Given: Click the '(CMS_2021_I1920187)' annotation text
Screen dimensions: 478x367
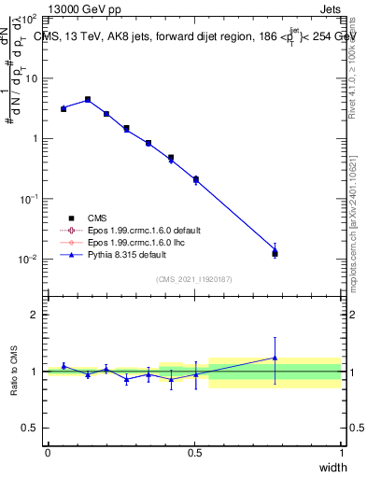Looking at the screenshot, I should (x=193, y=278).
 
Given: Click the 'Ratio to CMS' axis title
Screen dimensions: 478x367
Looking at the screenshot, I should (x=15, y=372).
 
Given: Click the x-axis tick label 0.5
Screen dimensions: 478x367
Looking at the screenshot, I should (x=194, y=453).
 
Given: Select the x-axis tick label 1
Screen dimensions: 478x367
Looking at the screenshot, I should (x=341, y=453).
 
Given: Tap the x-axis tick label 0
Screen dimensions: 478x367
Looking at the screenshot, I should (x=48, y=453).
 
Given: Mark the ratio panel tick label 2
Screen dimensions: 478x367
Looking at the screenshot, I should (x=35, y=315).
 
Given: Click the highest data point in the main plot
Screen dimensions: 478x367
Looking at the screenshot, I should (x=88, y=99).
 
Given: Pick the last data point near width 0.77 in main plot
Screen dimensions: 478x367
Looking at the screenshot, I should (x=275, y=252).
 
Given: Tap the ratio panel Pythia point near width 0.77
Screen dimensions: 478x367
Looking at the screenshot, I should (x=275, y=357).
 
